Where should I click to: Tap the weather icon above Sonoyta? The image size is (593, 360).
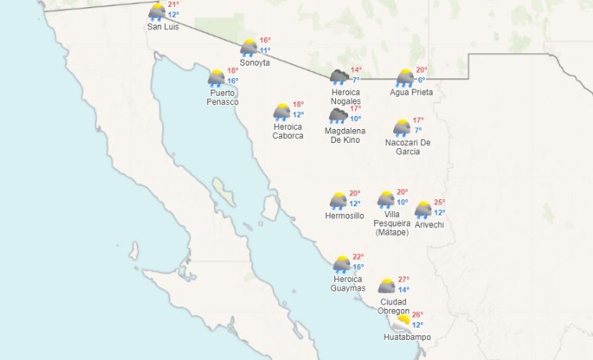[249, 48]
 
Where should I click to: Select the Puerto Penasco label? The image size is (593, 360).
[222, 97]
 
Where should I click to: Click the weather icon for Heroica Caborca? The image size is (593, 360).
[282, 112]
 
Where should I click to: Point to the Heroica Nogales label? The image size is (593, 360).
[346, 97]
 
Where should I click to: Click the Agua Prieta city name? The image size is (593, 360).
[411, 92]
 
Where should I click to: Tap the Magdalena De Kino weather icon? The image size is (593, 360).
[337, 116]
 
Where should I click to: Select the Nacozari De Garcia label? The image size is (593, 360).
[408, 147]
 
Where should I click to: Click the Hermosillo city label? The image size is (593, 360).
[344, 216]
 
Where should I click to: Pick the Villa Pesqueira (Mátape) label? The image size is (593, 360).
[392, 223]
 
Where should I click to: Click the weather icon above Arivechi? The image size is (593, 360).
[423, 209]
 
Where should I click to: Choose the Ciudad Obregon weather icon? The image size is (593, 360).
[387, 287]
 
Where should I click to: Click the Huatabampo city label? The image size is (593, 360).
[407, 337]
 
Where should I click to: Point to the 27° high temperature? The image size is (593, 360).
[404, 280]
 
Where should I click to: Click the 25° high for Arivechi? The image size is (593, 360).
[439, 202]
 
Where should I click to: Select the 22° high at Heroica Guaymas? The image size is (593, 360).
[358, 257]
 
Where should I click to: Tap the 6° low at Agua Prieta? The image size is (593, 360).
[422, 80]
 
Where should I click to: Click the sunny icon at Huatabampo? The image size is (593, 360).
[403, 319]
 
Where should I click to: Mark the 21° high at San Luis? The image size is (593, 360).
[174, 5]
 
